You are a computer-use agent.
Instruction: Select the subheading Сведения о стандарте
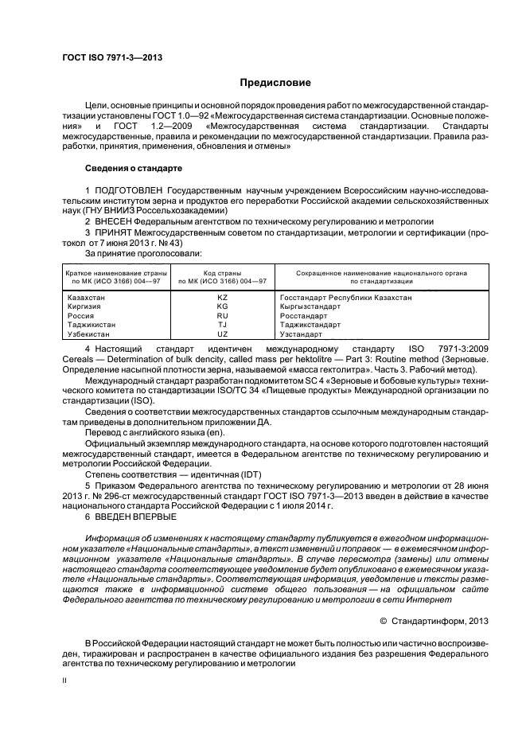(134, 169)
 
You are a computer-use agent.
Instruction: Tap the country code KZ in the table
(222, 297)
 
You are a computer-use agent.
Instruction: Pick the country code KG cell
(222, 306)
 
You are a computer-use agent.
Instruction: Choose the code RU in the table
(222, 316)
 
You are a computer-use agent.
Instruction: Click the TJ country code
(222, 326)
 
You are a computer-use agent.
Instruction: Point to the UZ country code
(222, 335)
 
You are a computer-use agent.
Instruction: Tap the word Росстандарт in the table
(305, 316)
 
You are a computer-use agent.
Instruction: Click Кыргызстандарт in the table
(311, 306)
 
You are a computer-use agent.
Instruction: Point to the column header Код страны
(222, 273)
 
